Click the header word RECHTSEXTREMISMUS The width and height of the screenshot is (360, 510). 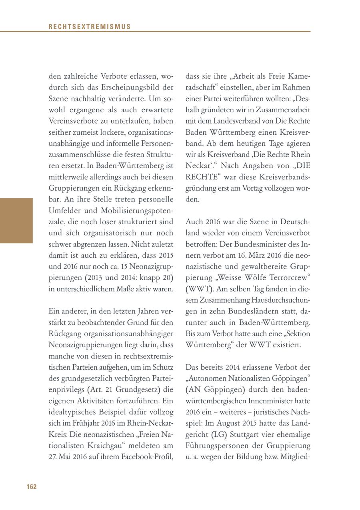tap(90, 27)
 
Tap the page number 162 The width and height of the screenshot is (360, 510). tap(32, 486)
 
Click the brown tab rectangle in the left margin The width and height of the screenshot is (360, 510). tap(16, 221)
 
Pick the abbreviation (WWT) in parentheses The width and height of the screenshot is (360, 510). tap(199, 277)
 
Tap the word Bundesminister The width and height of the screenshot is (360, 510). tap(255, 244)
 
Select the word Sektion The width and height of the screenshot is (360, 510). tap(296, 333)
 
